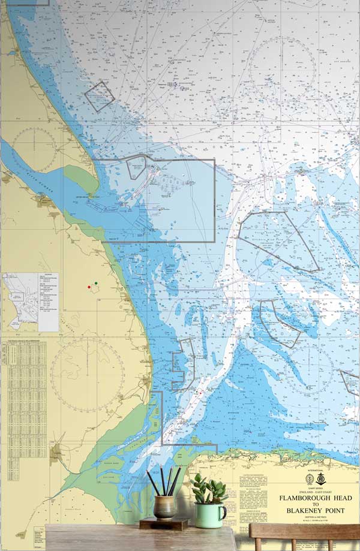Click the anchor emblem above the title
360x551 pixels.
click(322, 479)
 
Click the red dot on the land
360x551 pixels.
click(89, 287)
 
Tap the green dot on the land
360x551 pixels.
click(96, 283)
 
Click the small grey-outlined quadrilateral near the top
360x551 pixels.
click(100, 96)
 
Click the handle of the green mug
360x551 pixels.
click(223, 513)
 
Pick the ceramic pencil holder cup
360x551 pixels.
click(164, 507)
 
